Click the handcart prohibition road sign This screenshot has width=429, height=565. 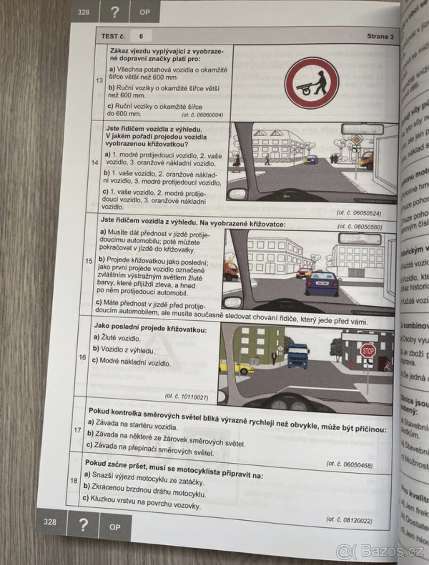312,83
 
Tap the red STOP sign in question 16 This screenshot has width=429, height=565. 368,351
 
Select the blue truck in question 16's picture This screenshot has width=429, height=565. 298,355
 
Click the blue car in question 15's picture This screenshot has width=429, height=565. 322,283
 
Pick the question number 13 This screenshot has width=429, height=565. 99,81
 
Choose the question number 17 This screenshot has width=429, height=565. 78,429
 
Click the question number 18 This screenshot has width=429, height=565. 74,480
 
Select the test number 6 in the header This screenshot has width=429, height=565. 141,36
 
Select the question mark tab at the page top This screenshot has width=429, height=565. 114,12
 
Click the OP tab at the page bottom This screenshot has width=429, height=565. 115,527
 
